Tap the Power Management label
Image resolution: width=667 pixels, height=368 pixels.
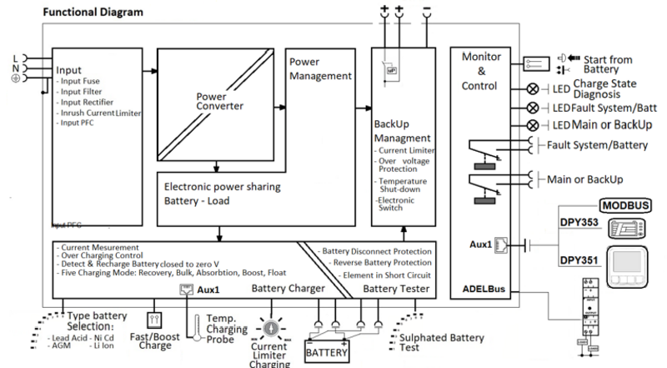321,69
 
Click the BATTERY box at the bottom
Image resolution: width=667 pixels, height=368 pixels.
327,352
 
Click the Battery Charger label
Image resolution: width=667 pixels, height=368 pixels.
288,289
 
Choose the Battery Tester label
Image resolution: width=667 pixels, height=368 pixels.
398,289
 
